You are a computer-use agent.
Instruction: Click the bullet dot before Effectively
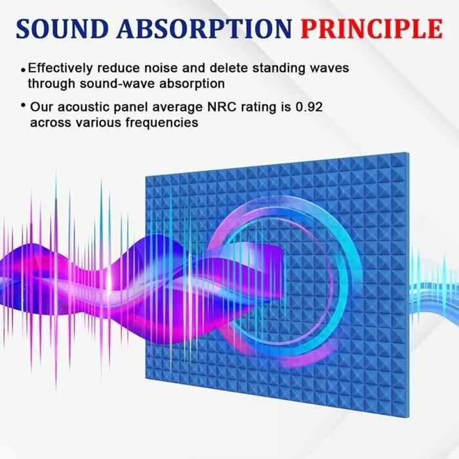(x=24, y=69)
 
